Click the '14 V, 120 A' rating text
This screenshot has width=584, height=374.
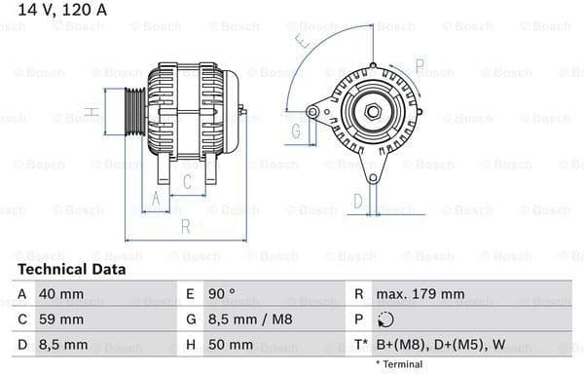60,10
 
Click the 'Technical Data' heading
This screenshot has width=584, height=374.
71,269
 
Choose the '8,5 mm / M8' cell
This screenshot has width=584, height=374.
252,319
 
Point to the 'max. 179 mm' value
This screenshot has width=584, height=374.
421,293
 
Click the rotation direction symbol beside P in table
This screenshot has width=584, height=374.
385,319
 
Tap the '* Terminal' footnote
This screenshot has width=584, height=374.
399,364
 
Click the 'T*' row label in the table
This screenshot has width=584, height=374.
360,345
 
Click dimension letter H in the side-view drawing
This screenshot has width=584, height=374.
91,113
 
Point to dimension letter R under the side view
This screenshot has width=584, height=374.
184,227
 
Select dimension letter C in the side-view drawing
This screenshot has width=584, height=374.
187,181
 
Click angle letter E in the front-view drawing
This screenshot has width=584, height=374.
303,42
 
